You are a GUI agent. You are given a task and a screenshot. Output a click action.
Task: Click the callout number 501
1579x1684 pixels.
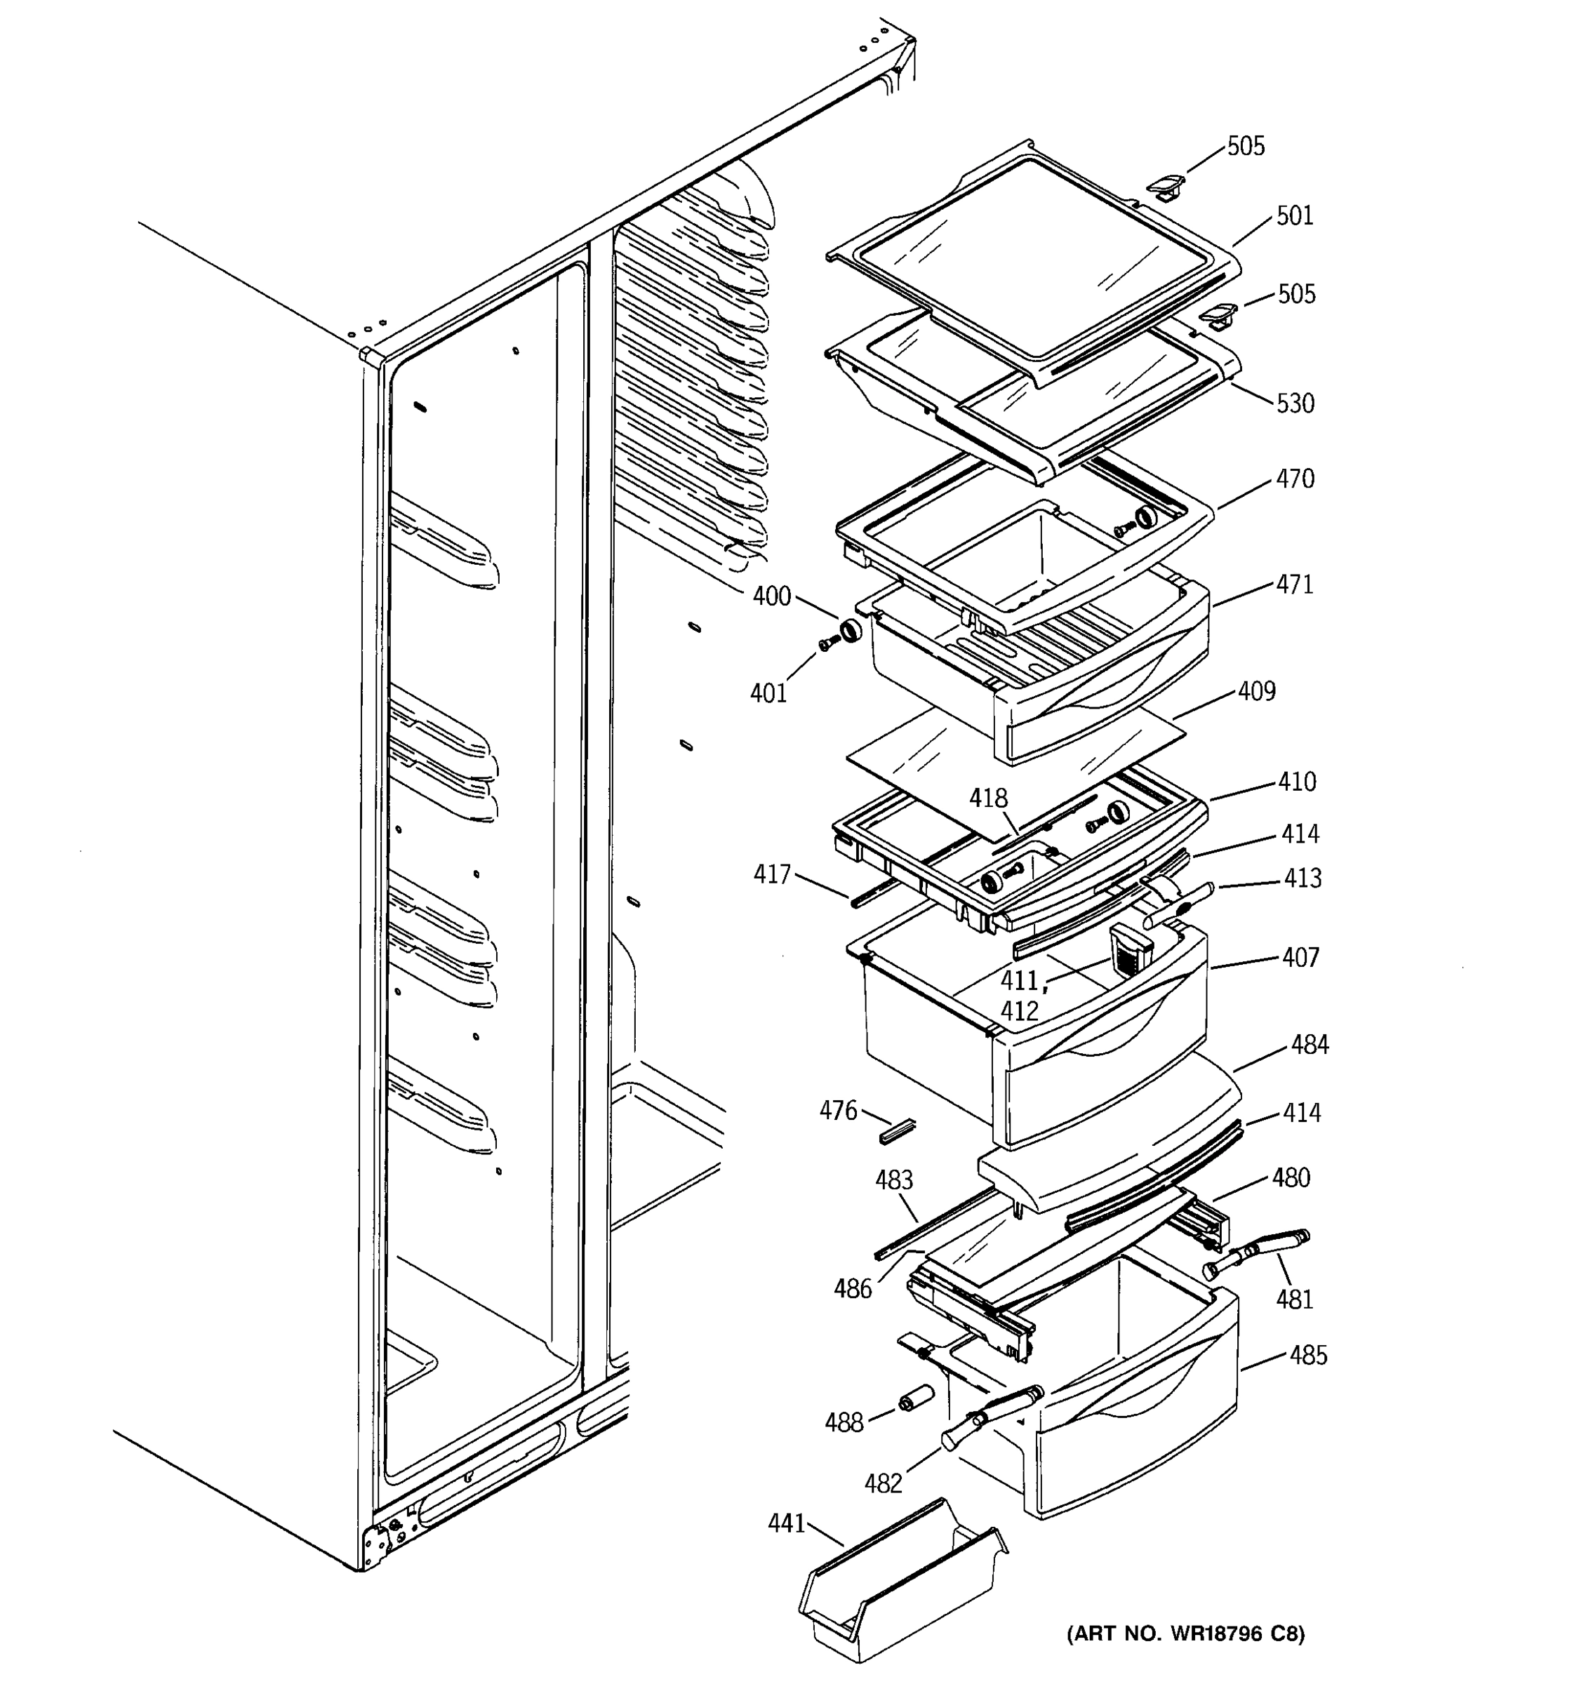pyautogui.click(x=1294, y=216)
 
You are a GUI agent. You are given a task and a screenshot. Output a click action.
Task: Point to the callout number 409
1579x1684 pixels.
pyautogui.click(x=1256, y=692)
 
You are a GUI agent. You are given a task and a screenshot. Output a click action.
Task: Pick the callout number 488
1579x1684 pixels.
pyautogui.click(x=844, y=1422)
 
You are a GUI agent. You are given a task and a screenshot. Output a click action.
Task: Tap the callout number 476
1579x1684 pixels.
pyautogui.click(x=838, y=1111)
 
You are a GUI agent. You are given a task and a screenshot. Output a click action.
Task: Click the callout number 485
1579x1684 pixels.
pyautogui.click(x=1308, y=1356)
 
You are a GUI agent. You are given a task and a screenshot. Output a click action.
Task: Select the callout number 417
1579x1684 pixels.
pyautogui.click(x=772, y=874)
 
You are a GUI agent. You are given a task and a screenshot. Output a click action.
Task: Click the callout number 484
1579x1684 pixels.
pyautogui.click(x=1310, y=1045)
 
